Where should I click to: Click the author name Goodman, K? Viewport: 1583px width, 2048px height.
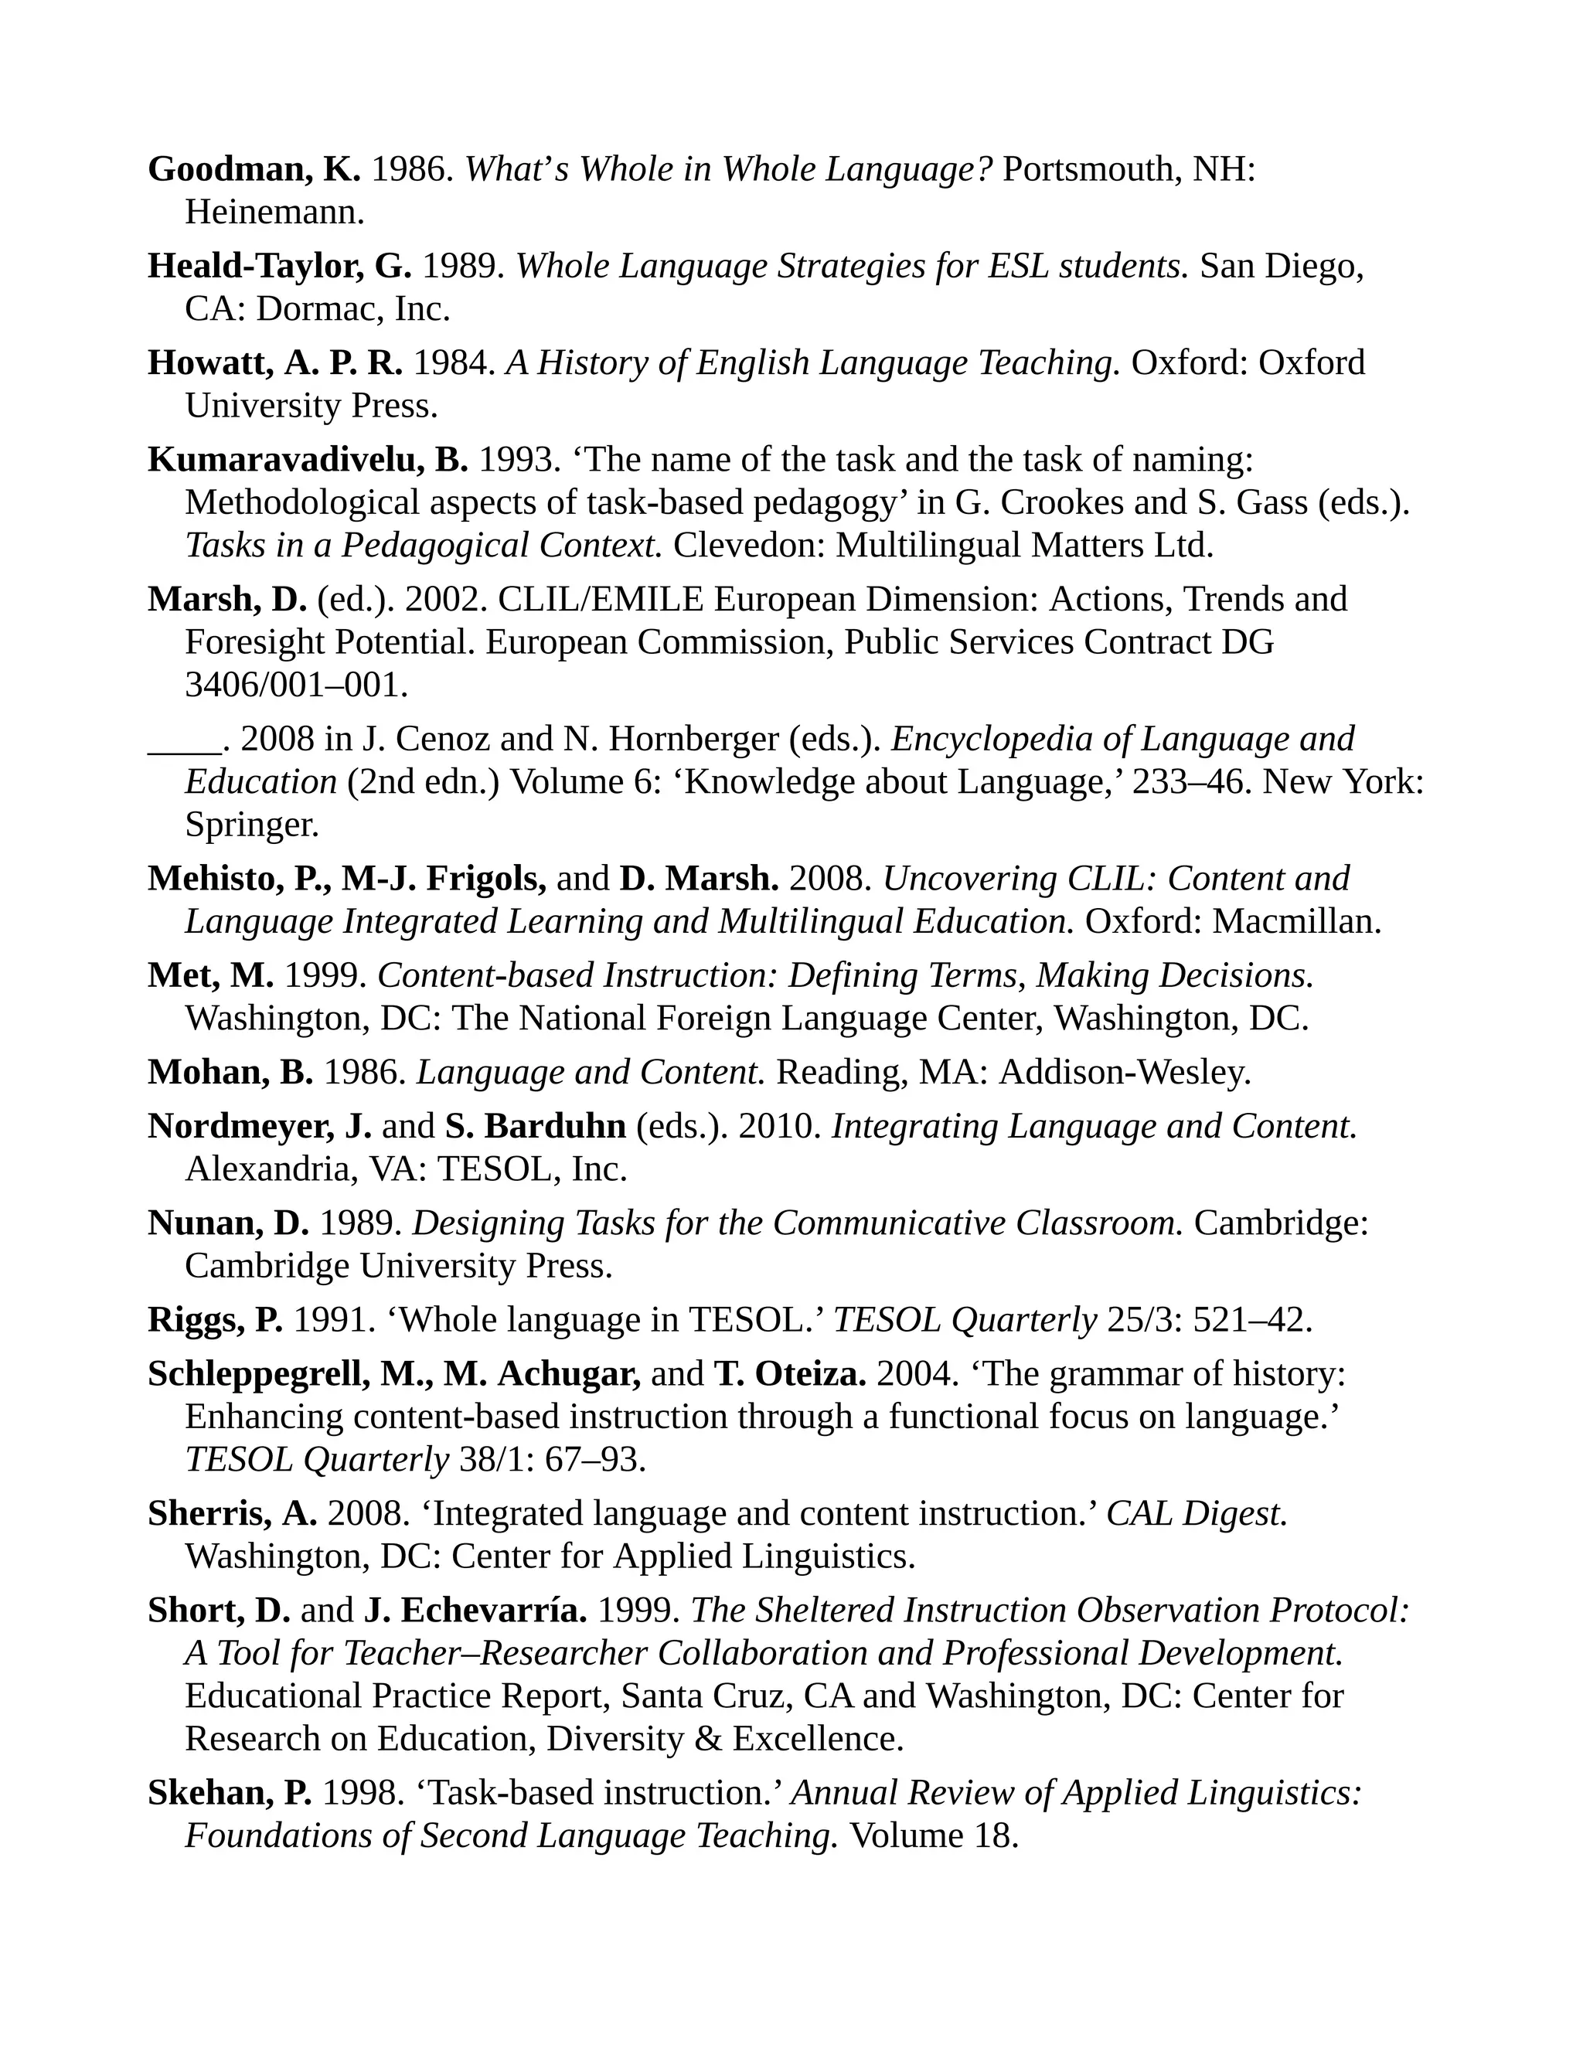254,170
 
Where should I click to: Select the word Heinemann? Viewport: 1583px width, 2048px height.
274,213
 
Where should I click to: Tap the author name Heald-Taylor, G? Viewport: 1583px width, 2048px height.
278,267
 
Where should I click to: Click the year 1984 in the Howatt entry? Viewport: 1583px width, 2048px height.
453,364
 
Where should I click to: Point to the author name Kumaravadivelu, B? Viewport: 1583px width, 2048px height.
307,461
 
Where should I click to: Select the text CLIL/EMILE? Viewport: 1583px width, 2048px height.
600,599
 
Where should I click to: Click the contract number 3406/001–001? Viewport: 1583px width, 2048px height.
296,686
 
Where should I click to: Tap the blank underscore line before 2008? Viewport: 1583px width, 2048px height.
184,740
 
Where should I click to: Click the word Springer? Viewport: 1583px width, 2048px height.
251,825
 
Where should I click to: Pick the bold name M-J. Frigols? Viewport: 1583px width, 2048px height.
444,879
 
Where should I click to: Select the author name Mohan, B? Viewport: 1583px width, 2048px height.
230,1073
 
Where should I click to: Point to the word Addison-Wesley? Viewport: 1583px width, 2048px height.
1125,1073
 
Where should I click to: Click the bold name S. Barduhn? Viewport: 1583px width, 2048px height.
536,1127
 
